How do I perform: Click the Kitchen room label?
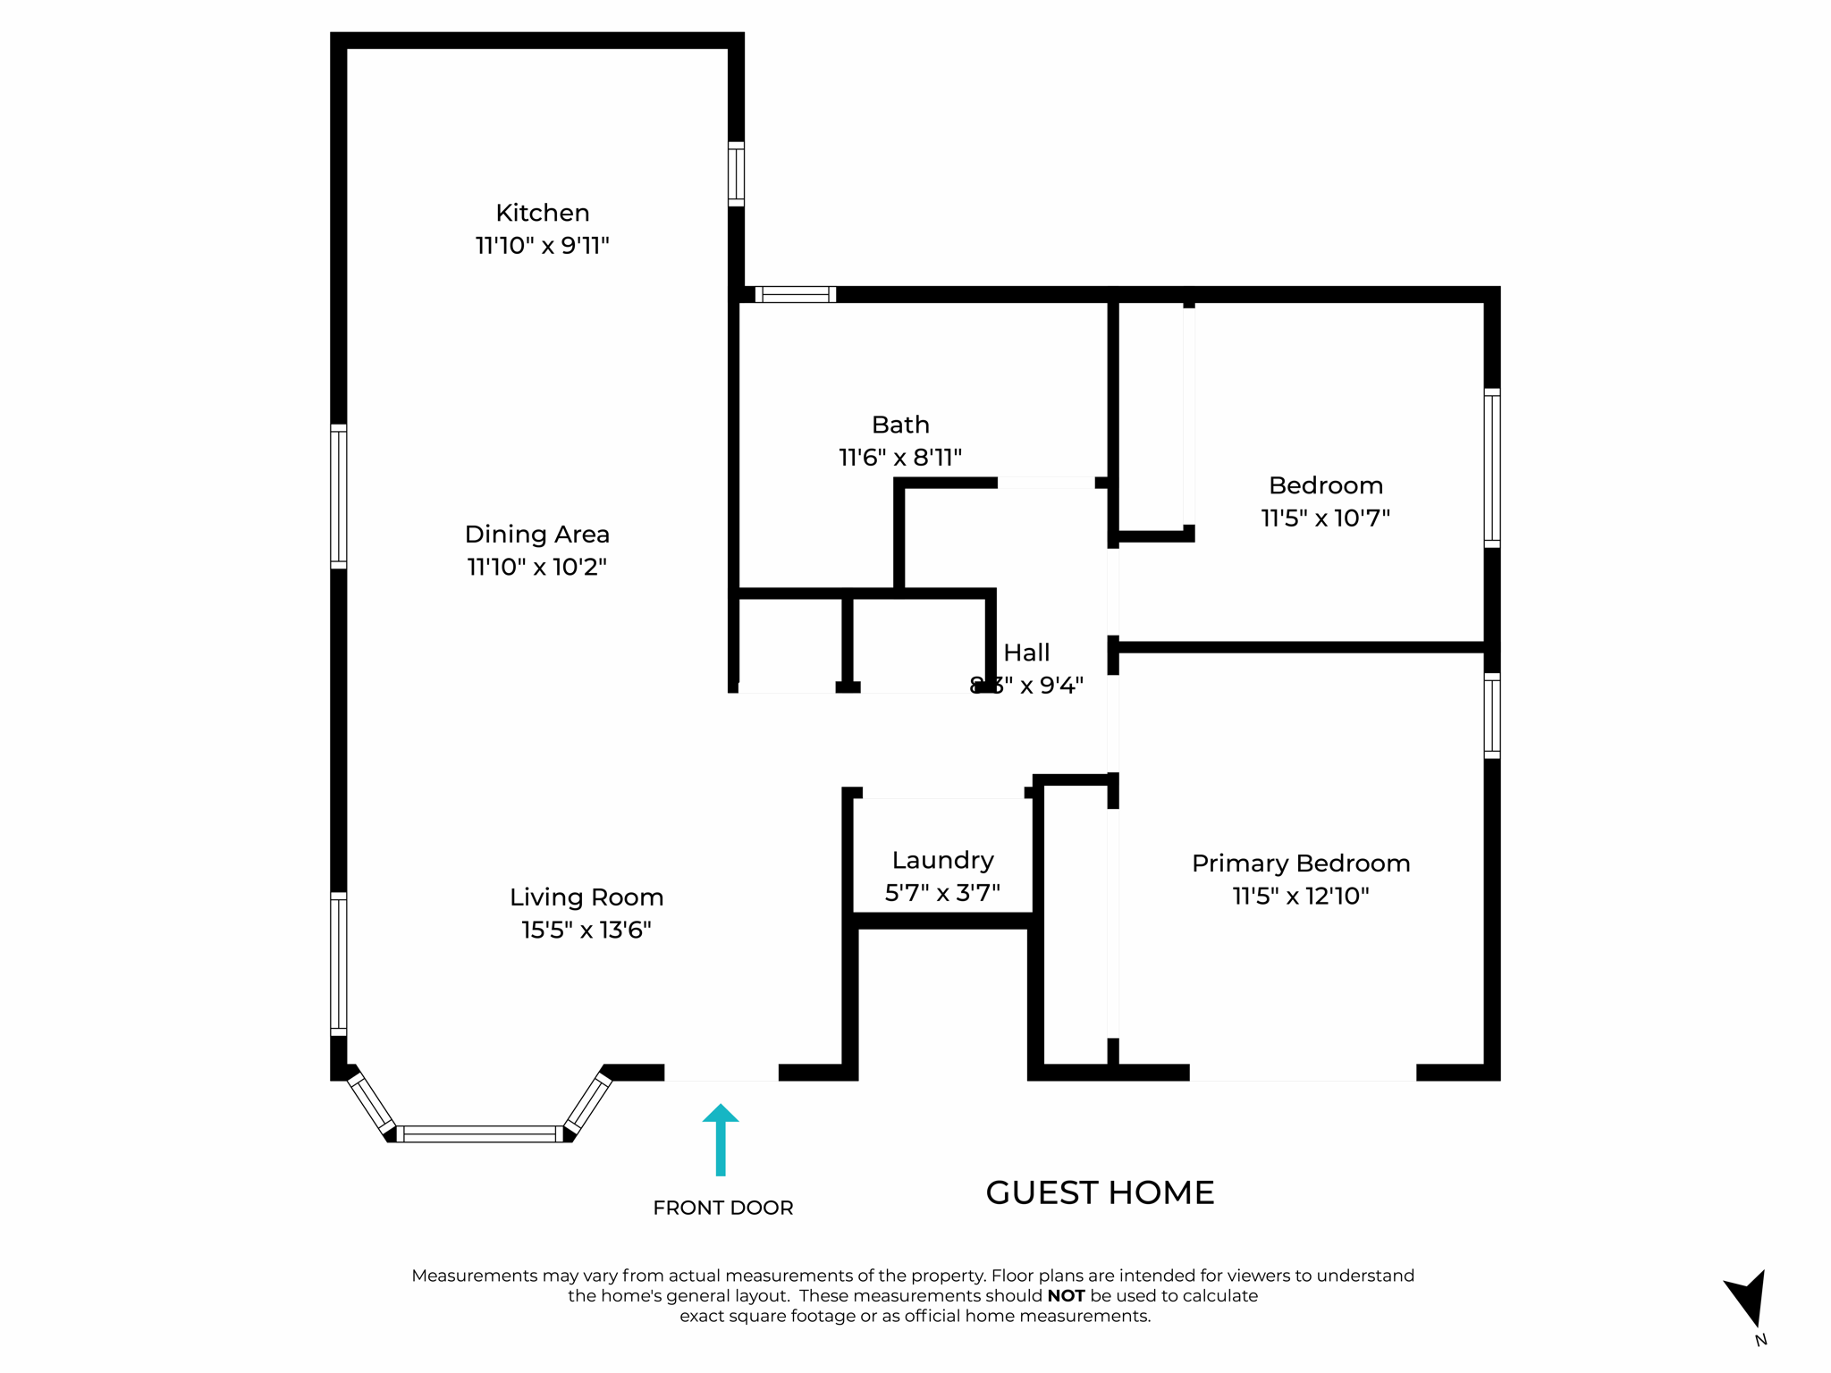(542, 213)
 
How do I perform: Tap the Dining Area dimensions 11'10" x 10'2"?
(536, 567)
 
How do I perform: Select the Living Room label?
(586, 897)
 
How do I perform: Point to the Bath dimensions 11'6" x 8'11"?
(899, 458)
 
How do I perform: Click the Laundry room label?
(942, 860)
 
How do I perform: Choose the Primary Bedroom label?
(1300, 863)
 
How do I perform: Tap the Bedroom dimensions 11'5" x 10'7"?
(1325, 518)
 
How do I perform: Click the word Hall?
(1025, 653)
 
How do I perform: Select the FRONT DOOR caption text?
(722, 1208)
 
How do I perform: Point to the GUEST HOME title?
(1099, 1192)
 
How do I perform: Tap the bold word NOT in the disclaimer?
(1066, 1296)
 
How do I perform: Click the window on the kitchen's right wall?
(736, 173)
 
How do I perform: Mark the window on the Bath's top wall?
(795, 294)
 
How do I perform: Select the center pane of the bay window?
(480, 1133)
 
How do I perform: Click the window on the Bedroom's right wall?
(1491, 467)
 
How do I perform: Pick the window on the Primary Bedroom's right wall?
(1491, 715)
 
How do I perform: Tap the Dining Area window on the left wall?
(339, 496)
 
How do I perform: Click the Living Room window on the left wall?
(339, 964)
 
